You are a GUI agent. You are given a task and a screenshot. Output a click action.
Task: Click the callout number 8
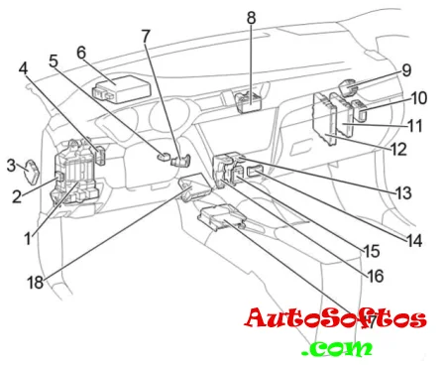click(x=251, y=18)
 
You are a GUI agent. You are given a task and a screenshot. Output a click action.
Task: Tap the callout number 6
click(x=81, y=53)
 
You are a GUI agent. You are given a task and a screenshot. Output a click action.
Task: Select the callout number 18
click(x=36, y=283)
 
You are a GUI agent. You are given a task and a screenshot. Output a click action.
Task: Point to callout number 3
click(x=12, y=166)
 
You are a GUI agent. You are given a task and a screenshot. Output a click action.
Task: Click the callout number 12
click(x=398, y=150)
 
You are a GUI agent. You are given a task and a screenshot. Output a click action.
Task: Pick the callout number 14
click(x=414, y=241)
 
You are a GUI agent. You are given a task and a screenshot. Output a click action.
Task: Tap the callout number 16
click(x=376, y=276)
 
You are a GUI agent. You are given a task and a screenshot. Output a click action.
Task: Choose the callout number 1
click(x=29, y=239)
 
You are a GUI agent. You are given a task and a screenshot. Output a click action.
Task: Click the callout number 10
click(x=419, y=98)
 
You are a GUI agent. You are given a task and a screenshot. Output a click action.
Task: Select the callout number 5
click(x=54, y=61)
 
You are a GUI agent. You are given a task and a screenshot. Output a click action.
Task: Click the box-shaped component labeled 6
click(x=122, y=89)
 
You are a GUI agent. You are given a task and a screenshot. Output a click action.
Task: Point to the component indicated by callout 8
click(x=249, y=102)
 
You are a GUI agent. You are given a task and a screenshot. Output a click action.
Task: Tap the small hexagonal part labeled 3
click(x=33, y=172)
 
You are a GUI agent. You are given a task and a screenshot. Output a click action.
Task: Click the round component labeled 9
click(x=349, y=86)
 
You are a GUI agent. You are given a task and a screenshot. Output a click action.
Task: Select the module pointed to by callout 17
click(x=222, y=217)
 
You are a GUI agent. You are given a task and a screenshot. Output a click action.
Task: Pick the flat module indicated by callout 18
click(x=195, y=186)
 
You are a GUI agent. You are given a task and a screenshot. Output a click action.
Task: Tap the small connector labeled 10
click(x=360, y=110)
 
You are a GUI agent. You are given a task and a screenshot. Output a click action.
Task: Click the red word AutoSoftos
click(x=335, y=318)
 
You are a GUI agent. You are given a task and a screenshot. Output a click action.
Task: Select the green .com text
click(x=338, y=348)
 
